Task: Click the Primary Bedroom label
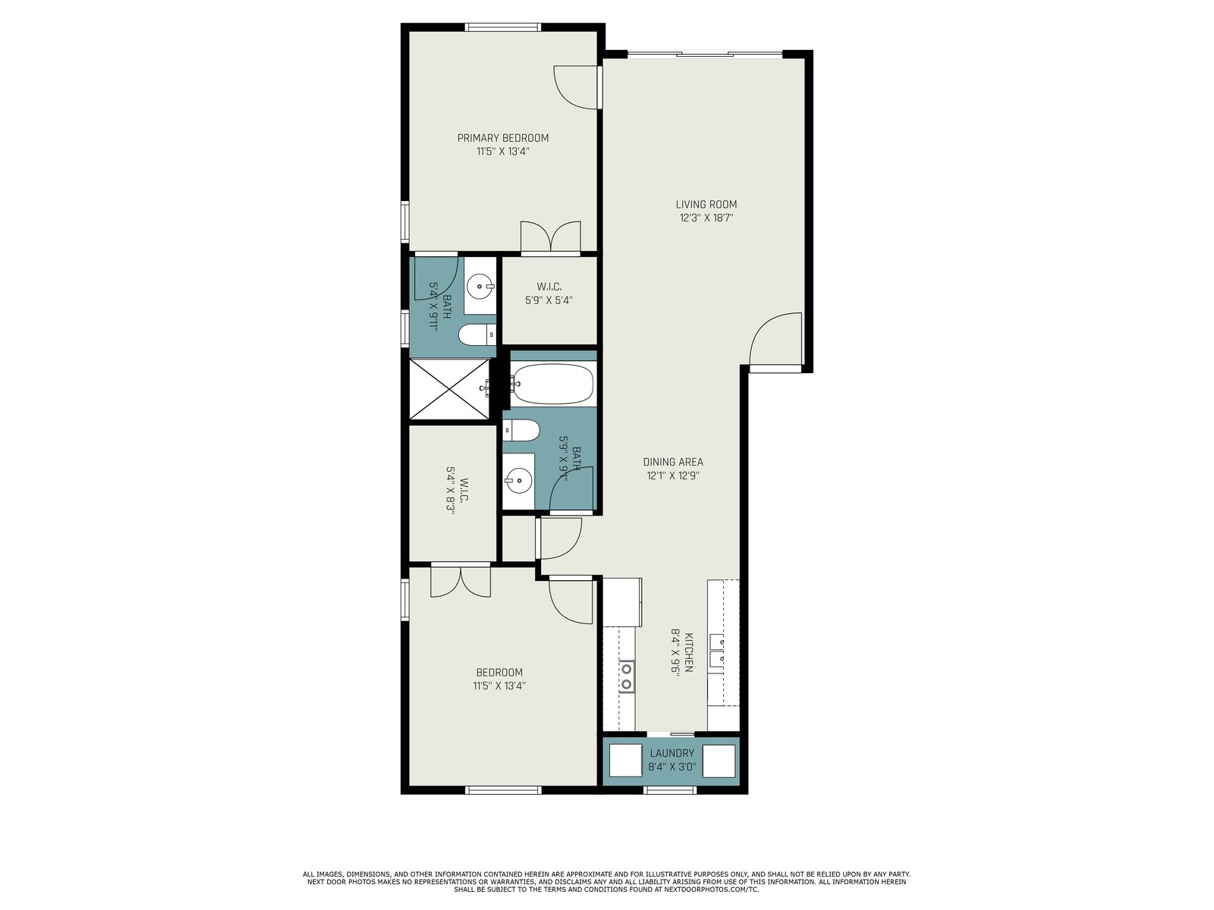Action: (503, 138)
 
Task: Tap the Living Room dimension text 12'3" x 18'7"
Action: (706, 218)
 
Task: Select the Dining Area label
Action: (673, 462)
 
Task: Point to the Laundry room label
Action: (672, 753)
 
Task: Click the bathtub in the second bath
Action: (552, 384)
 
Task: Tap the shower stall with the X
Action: (449, 389)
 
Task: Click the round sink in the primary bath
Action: (479, 286)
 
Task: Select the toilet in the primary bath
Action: (477, 335)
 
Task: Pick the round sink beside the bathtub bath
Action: (518, 481)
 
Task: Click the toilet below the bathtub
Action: (521, 431)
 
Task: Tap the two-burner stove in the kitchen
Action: (627, 677)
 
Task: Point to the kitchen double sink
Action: (717, 651)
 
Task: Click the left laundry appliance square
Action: (625, 761)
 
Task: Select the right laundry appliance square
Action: (719, 761)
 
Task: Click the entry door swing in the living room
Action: (775, 339)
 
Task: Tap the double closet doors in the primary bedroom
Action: (551, 237)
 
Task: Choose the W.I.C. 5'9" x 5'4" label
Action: (549, 294)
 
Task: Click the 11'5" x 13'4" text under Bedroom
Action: (499, 686)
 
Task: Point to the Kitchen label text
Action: (689, 652)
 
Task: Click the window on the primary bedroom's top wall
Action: (502, 27)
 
